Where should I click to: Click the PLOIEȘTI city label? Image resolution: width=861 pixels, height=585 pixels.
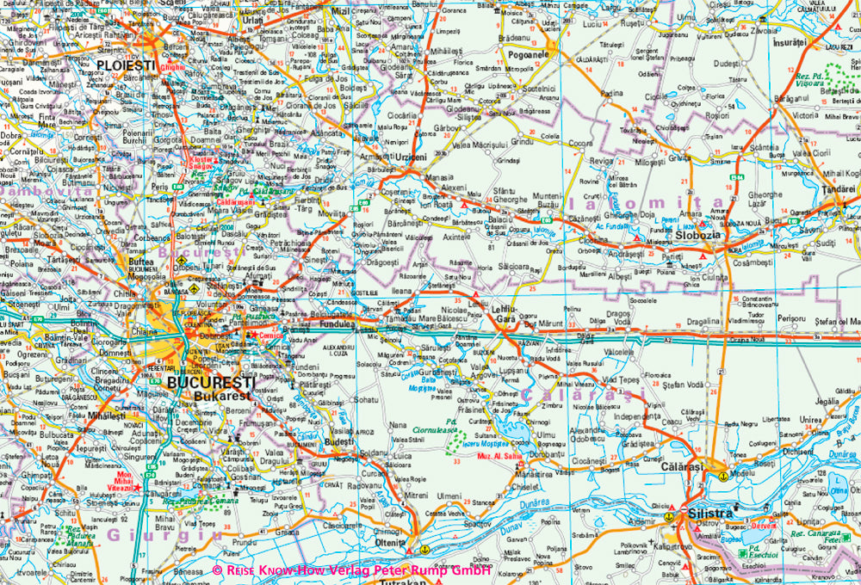(x=127, y=65)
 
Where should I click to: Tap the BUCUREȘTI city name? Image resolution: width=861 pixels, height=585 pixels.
(x=211, y=382)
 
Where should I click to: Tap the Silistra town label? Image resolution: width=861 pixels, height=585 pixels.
(x=712, y=513)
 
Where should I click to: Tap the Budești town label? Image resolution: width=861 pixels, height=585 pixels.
(x=338, y=440)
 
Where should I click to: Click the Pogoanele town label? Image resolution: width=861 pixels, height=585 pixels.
(x=528, y=54)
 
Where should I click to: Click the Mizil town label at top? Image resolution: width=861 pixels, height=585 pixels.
(x=343, y=10)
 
